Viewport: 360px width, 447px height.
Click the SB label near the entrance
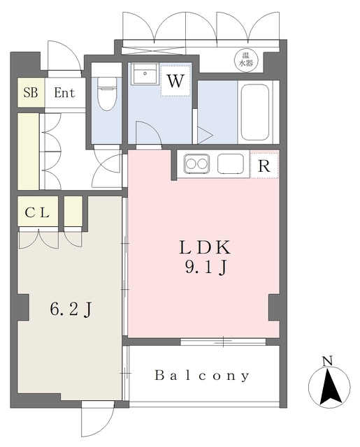tap(30, 93)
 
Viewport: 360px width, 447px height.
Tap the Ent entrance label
tap(65, 93)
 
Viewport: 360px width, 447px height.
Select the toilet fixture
tap(106, 92)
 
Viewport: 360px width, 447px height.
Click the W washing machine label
tap(175, 80)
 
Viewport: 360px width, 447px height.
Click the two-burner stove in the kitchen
tap(196, 165)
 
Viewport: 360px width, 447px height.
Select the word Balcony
tap(202, 376)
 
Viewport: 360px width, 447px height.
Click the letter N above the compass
tap(326, 361)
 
